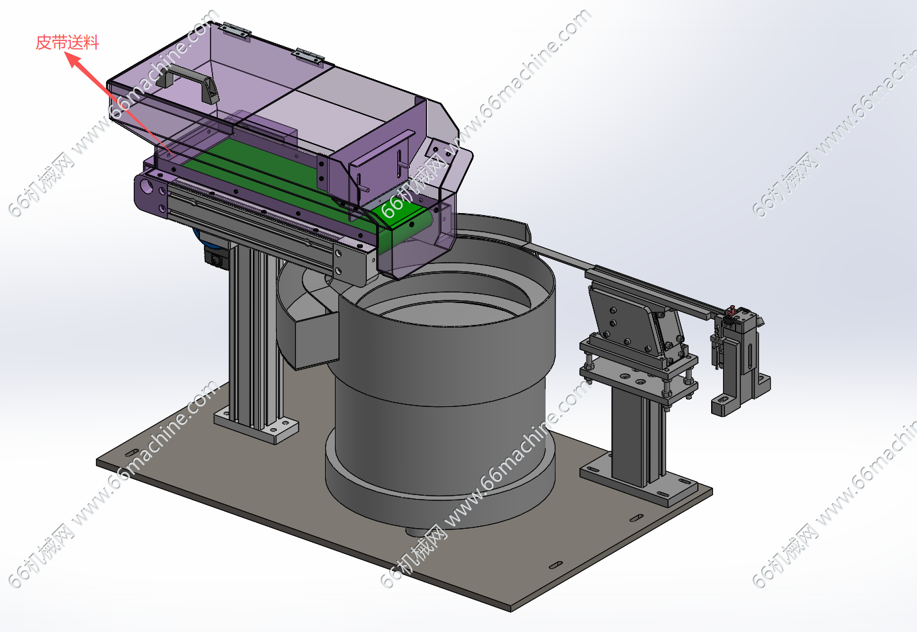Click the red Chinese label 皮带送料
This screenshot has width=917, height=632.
(x=67, y=42)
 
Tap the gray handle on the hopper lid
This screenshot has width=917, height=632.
(x=187, y=82)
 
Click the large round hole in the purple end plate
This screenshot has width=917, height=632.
(x=146, y=187)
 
